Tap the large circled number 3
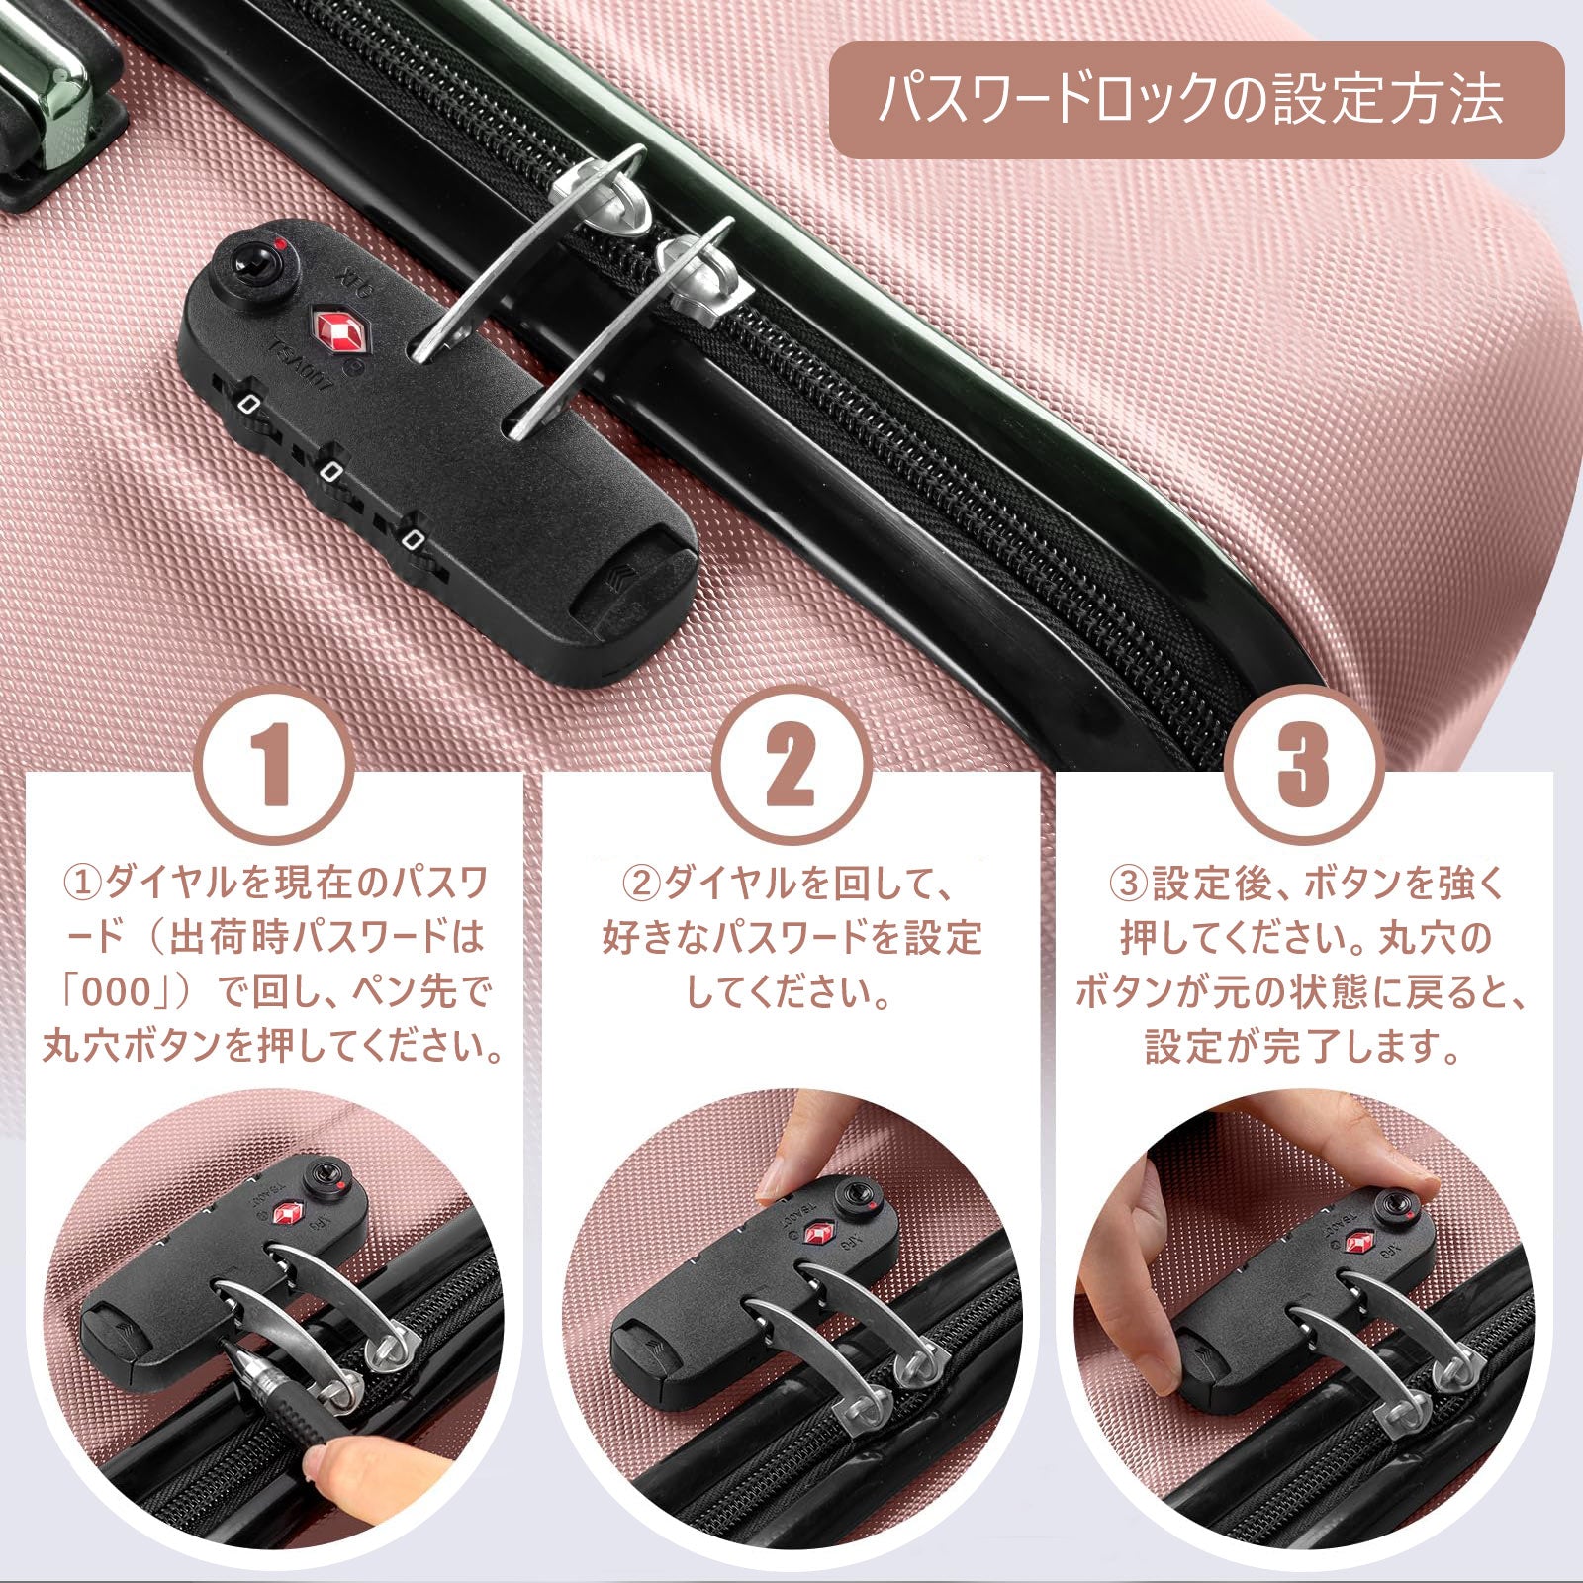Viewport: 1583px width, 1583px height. [x=1305, y=764]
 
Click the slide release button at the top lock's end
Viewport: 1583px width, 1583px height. [x=634, y=589]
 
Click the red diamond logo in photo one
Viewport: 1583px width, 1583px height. [x=289, y=1213]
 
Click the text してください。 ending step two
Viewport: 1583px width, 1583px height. [x=789, y=992]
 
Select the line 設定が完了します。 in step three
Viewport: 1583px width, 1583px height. [x=1304, y=1046]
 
